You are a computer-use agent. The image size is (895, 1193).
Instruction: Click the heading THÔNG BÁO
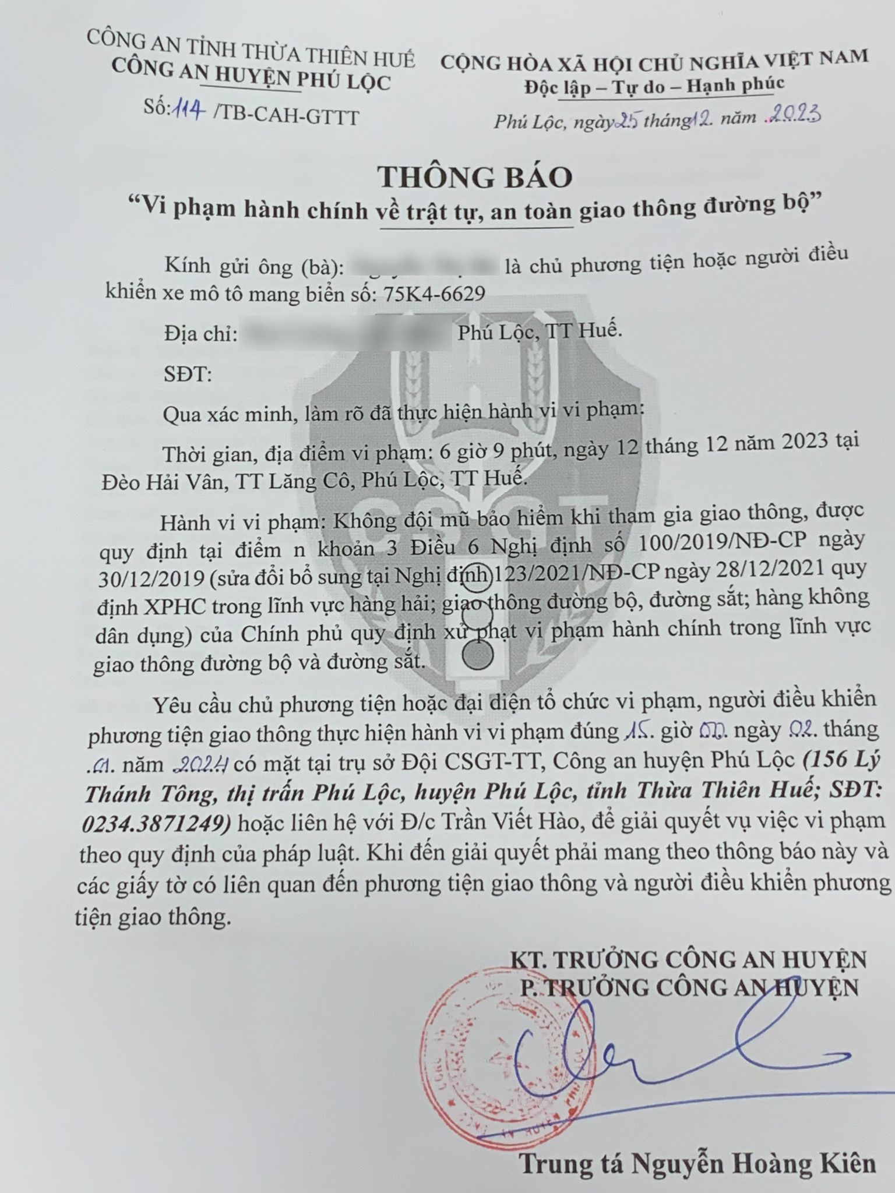[474, 177]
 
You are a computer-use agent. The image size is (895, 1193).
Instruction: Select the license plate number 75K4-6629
[435, 294]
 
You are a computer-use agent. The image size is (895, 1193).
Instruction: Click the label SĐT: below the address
[187, 373]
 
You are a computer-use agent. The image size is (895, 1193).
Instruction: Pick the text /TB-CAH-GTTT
[286, 116]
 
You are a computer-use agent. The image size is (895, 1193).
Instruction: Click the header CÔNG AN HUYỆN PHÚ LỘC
[251, 83]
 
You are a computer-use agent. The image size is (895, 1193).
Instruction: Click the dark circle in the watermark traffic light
[478, 656]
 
